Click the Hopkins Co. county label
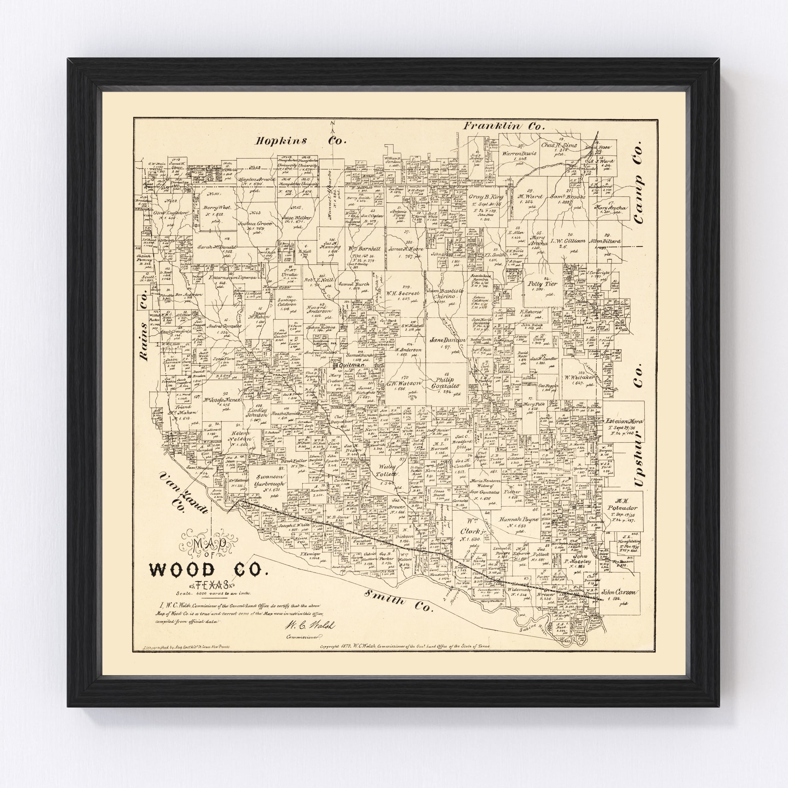[x=301, y=141]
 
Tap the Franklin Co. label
[x=504, y=126]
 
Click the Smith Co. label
[x=398, y=611]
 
